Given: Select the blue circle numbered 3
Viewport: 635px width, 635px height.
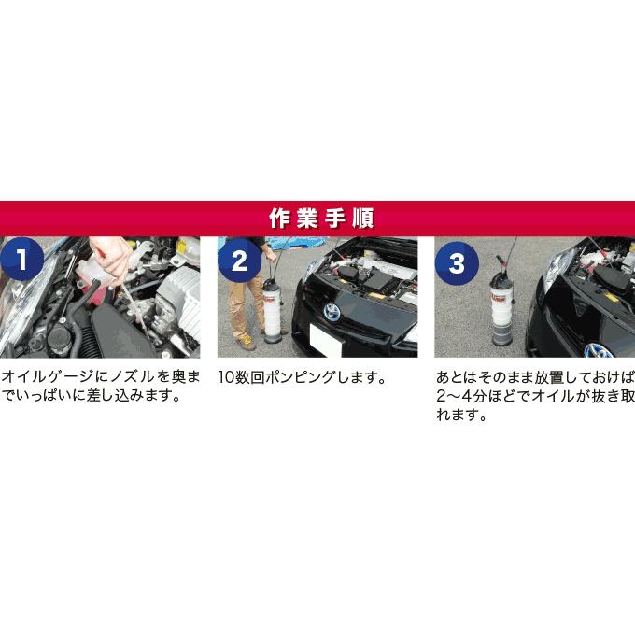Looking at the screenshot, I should pos(456,262).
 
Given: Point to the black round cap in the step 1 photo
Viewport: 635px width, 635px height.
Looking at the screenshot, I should pos(46,335).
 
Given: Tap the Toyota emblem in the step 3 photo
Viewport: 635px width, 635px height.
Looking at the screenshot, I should pos(598,350).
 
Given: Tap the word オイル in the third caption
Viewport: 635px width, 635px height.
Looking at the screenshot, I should pos(553,397).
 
